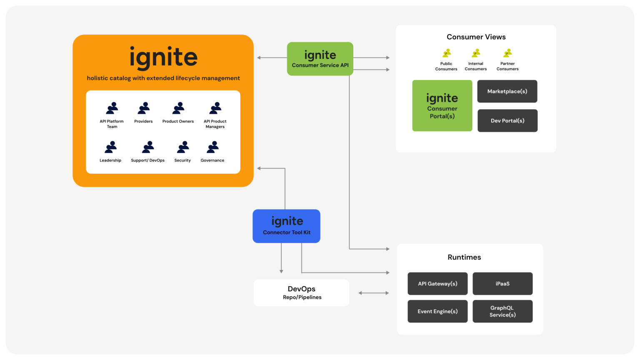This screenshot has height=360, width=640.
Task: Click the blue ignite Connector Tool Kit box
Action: (286, 226)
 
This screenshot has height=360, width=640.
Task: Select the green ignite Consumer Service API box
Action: (320, 59)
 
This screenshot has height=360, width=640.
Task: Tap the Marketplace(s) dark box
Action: (507, 91)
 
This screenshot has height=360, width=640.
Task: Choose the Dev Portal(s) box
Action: (507, 120)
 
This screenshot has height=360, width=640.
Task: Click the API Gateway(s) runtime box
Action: (437, 283)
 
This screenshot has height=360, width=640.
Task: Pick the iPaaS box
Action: (502, 283)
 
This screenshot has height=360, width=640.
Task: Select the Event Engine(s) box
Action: (437, 311)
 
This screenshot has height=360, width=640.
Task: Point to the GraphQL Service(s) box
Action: (502, 311)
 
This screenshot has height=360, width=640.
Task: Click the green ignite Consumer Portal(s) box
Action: (442, 106)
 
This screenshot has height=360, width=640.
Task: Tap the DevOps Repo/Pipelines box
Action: (301, 292)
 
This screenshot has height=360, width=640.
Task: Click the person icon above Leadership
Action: (111, 147)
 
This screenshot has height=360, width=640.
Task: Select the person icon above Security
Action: (183, 147)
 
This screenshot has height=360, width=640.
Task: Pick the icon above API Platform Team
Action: (112, 108)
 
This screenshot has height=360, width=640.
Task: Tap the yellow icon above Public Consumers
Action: (446, 53)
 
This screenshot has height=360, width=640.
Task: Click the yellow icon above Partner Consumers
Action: (507, 53)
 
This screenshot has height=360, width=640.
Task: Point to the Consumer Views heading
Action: (476, 37)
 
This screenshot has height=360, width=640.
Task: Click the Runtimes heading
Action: (464, 257)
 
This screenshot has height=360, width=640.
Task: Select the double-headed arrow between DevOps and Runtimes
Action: (373, 293)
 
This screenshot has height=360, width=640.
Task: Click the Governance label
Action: (212, 160)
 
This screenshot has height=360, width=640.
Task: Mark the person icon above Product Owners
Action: (178, 108)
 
